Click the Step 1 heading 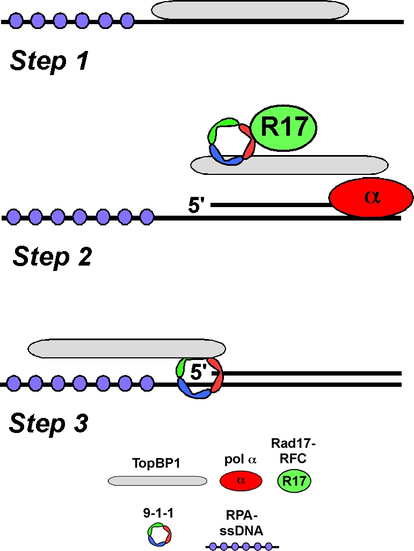[x=49, y=62]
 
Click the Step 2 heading [x=52, y=256]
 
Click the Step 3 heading [x=49, y=424]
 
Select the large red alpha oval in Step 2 [x=371, y=197]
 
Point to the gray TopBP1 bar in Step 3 [x=127, y=349]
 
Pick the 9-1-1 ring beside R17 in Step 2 [x=228, y=142]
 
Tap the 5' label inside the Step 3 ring [x=200, y=371]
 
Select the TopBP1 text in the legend [x=156, y=462]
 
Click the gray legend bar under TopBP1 [x=157, y=480]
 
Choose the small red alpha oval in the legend [x=241, y=480]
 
